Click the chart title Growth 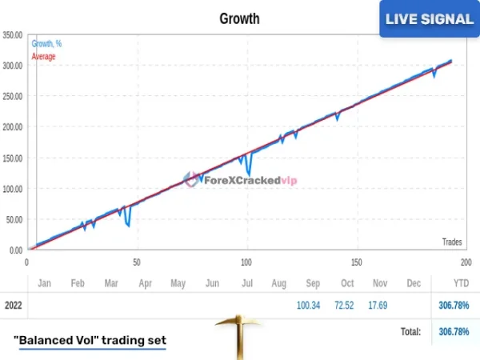click(239, 18)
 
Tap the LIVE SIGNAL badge click(429, 19)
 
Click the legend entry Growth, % click(47, 44)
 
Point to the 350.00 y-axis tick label click(13, 35)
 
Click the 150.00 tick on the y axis click(13, 158)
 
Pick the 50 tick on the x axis click(137, 262)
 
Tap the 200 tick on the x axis click(466, 262)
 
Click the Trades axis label click(452, 242)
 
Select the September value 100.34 click(308, 305)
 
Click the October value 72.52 click(346, 305)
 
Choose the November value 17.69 click(380, 305)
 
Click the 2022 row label click(14, 305)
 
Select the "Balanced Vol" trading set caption click(90, 340)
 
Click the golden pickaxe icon click(238, 336)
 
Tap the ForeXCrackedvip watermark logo click(240, 180)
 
